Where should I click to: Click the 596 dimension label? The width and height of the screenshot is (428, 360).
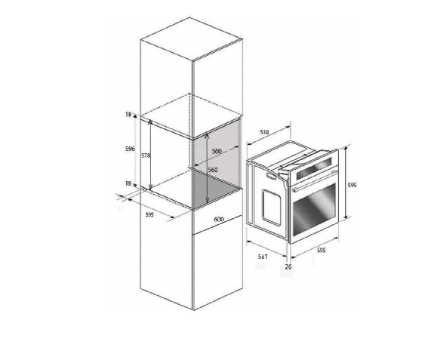130,149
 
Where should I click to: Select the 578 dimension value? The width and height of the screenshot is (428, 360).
146,155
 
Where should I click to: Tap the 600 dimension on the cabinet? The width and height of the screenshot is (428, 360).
219,219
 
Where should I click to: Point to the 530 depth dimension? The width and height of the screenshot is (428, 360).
264,132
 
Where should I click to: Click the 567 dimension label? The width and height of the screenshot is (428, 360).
263,257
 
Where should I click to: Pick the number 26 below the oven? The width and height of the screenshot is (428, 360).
288,266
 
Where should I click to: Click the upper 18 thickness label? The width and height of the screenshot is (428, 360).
128,115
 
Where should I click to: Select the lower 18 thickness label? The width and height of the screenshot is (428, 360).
128,183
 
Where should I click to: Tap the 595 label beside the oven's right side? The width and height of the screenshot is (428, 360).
352,185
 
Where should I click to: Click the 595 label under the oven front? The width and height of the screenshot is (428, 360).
322,250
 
